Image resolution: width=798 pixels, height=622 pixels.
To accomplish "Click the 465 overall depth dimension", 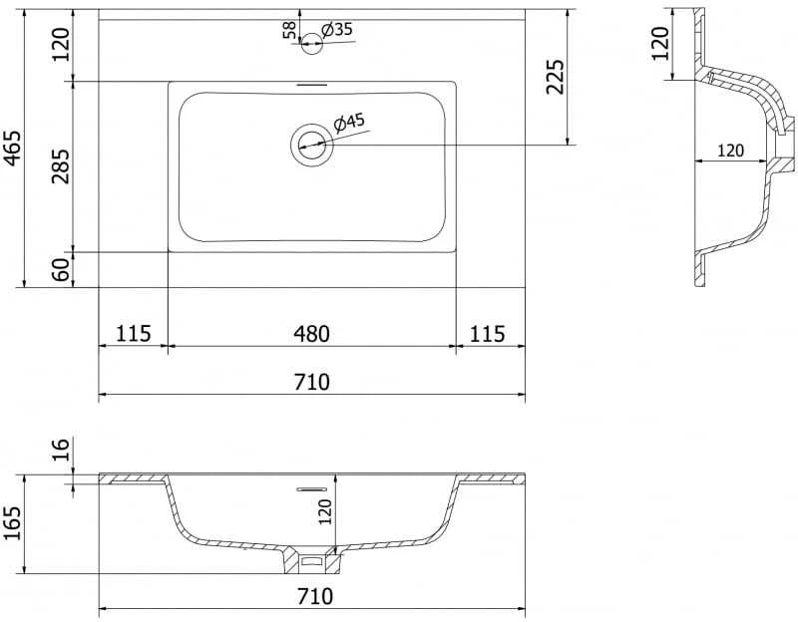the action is point(12,148).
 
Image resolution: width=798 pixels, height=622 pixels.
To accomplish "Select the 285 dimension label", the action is point(61,166).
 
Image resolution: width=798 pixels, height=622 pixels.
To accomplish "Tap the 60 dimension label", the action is point(61,270).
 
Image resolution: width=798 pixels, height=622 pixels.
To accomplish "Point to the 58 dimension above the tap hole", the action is point(289,30).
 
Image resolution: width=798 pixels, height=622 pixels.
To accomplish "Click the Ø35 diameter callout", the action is point(337,30).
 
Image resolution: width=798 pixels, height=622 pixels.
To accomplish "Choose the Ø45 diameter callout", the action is point(349,123).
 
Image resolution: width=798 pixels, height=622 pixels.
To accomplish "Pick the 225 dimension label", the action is point(555,77).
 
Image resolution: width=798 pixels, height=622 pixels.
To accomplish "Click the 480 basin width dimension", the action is point(311,334).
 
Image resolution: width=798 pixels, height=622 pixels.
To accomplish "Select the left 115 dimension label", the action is point(134,334).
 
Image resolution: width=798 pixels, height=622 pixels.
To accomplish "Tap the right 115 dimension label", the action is point(487,334).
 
